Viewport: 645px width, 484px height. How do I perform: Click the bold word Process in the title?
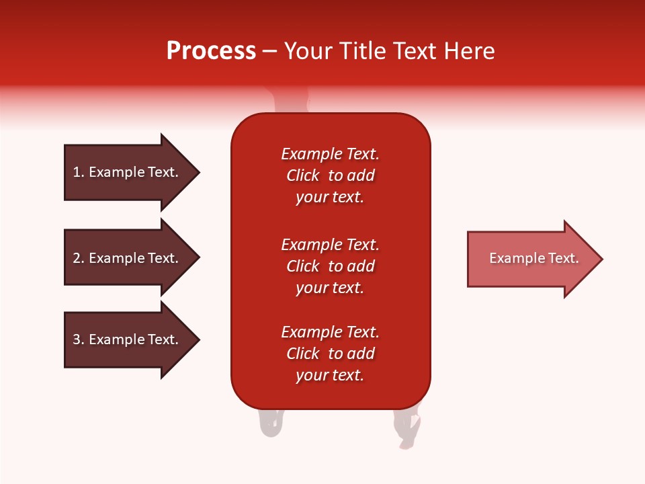point(211,51)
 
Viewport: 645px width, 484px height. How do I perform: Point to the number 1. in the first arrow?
point(79,172)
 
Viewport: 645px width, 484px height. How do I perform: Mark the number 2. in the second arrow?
point(79,258)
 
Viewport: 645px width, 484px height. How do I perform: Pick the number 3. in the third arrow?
point(79,339)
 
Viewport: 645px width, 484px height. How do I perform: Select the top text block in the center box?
point(330,175)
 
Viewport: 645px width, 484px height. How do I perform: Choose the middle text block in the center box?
point(330,266)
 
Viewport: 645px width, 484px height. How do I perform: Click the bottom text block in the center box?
point(330,354)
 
